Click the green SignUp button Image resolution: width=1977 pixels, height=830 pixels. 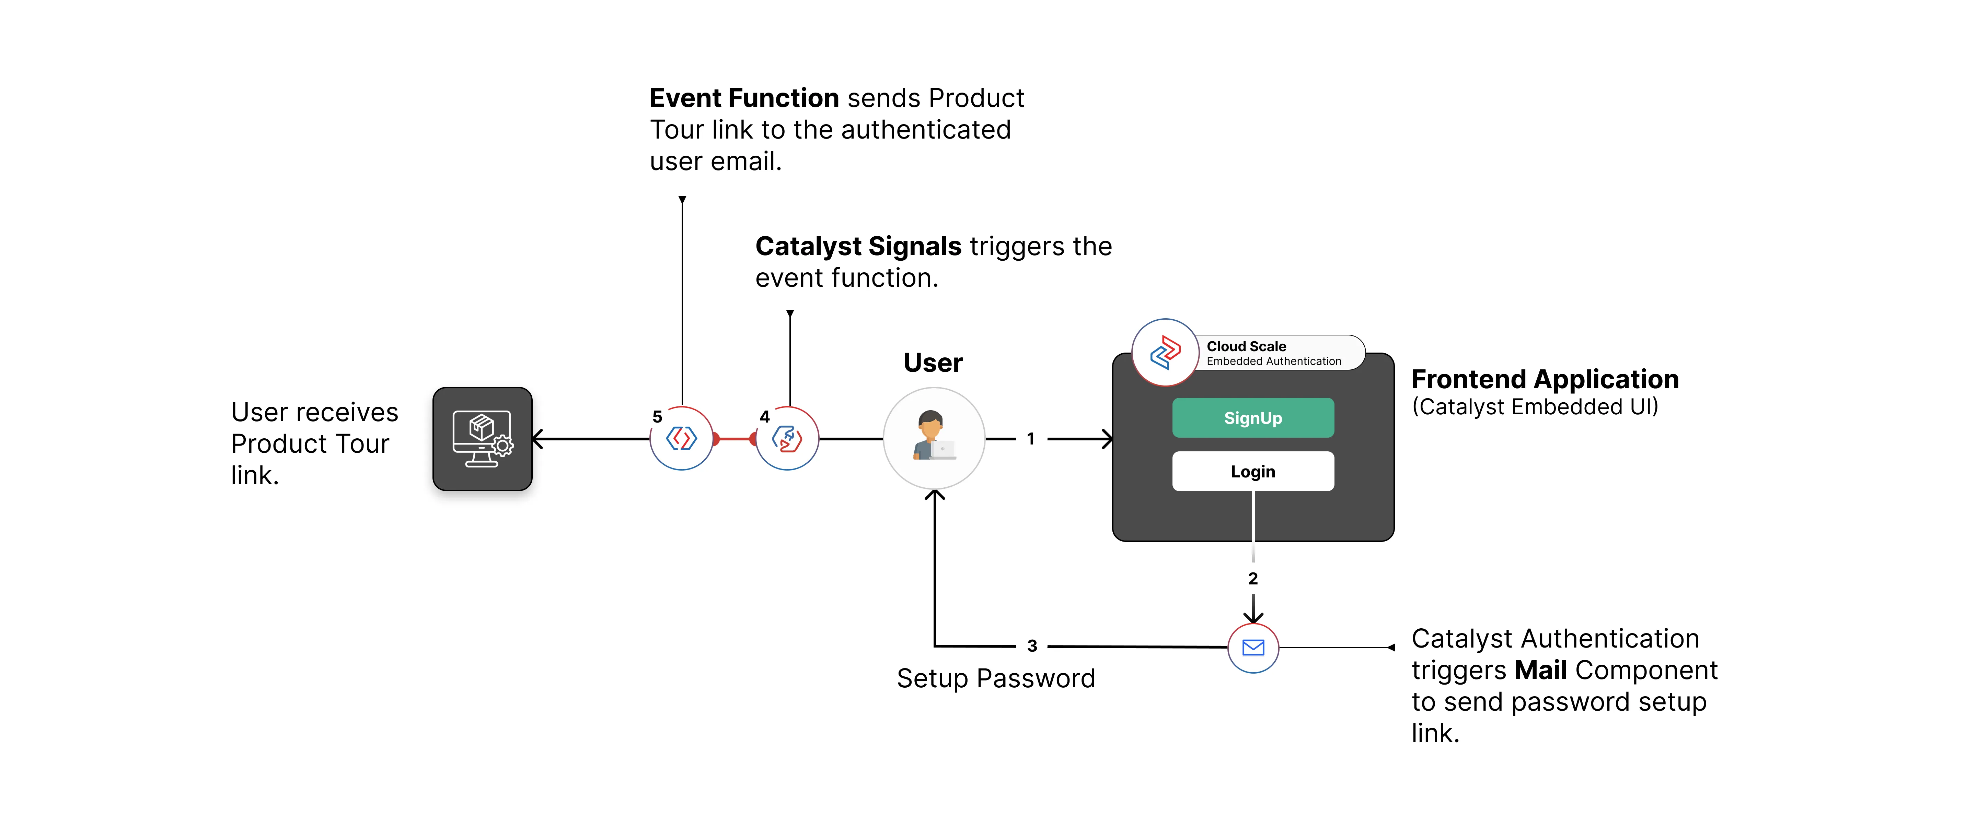(1252, 418)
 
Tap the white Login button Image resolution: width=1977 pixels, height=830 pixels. (1252, 471)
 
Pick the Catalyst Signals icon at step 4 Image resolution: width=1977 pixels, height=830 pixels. (787, 438)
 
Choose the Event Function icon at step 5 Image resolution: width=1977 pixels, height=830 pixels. (682, 438)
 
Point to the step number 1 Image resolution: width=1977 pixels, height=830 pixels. (1031, 439)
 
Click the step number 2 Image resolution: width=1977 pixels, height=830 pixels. (1252, 578)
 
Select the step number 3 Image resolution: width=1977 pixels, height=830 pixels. (1032, 646)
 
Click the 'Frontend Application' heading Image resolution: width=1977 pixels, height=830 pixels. (1545, 379)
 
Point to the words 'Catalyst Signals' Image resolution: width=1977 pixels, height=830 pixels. (858, 246)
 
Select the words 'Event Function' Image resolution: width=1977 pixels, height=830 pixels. (744, 98)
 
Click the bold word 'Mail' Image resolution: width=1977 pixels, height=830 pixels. (1540, 671)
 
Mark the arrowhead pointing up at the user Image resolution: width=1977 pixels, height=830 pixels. (934, 495)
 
